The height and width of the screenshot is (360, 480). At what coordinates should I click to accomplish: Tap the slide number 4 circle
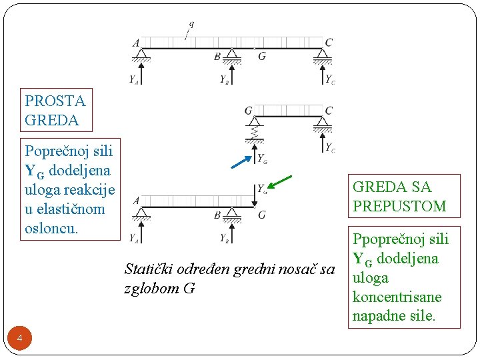coord(20,339)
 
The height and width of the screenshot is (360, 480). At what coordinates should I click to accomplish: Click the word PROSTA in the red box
coord(55,101)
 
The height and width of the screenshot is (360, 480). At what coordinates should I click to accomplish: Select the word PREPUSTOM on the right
coord(399,206)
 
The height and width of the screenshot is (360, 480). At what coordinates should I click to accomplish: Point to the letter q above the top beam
coord(191,25)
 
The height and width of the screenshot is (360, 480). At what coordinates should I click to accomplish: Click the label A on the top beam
coord(136,43)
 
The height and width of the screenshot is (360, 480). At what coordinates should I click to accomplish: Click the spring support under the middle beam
coord(255,133)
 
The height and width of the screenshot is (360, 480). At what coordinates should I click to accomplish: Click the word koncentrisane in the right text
coord(397,297)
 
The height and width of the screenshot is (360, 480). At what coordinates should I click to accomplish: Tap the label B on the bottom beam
coord(217,215)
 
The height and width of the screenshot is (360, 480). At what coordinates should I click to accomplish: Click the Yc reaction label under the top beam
coord(330,79)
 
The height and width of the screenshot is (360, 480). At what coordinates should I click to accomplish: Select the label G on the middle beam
coord(249,111)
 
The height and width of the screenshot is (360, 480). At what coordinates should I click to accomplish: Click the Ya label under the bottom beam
coord(135,237)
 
